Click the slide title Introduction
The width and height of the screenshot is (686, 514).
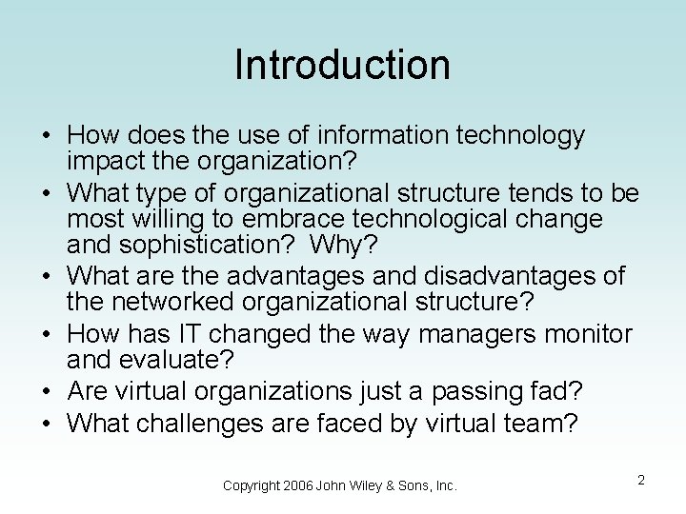pos(342,65)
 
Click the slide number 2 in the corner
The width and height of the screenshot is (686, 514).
pos(641,481)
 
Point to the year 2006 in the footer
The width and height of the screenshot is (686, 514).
pos(300,485)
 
